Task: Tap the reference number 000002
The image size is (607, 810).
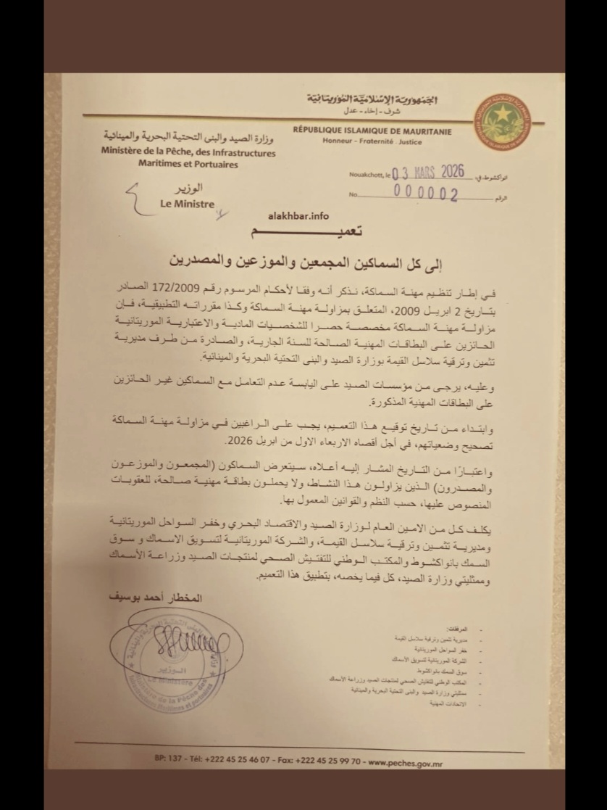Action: pyautogui.click(x=426, y=194)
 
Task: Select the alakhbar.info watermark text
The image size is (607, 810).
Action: pyautogui.click(x=298, y=215)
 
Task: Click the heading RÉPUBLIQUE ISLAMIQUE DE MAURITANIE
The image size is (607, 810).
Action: pyautogui.click(x=372, y=131)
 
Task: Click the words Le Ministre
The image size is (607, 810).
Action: pyautogui.click(x=188, y=204)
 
